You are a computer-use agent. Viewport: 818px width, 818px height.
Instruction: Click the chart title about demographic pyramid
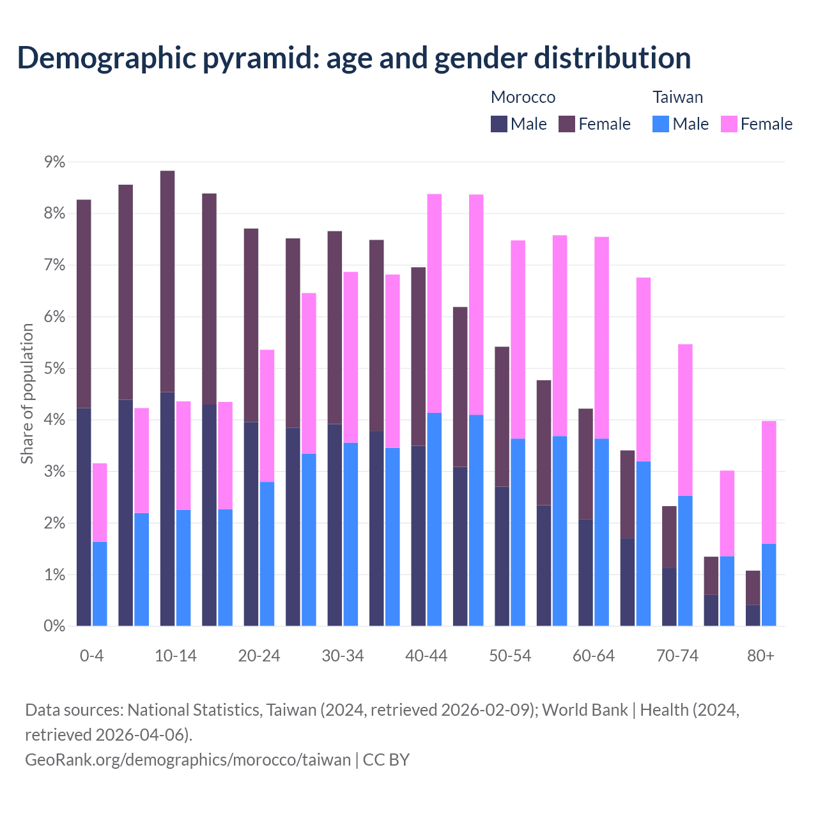click(x=353, y=58)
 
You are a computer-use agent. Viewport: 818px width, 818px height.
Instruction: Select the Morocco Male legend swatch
click(x=499, y=124)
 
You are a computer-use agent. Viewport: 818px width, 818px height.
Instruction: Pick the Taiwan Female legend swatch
click(x=729, y=124)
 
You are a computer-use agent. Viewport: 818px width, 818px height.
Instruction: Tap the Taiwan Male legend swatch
click(x=661, y=124)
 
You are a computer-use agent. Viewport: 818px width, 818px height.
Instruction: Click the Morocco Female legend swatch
click(x=567, y=124)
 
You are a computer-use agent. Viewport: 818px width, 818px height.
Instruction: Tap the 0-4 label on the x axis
click(x=91, y=656)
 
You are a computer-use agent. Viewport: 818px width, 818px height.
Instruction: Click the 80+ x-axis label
click(x=760, y=656)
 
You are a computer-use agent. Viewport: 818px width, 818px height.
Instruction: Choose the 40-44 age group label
click(x=426, y=656)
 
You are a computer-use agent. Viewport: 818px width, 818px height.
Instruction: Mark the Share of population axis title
click(x=27, y=393)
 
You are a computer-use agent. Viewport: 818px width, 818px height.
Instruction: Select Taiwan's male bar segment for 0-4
click(x=100, y=584)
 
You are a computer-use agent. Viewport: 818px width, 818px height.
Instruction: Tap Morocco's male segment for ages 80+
click(x=753, y=615)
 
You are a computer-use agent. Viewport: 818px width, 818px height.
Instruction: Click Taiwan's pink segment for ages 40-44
click(x=435, y=304)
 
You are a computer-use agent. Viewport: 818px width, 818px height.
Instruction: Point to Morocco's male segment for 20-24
click(x=251, y=524)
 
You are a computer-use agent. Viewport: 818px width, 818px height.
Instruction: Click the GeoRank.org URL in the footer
click(x=188, y=760)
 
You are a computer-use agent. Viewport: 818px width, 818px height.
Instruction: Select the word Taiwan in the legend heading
click(x=677, y=97)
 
